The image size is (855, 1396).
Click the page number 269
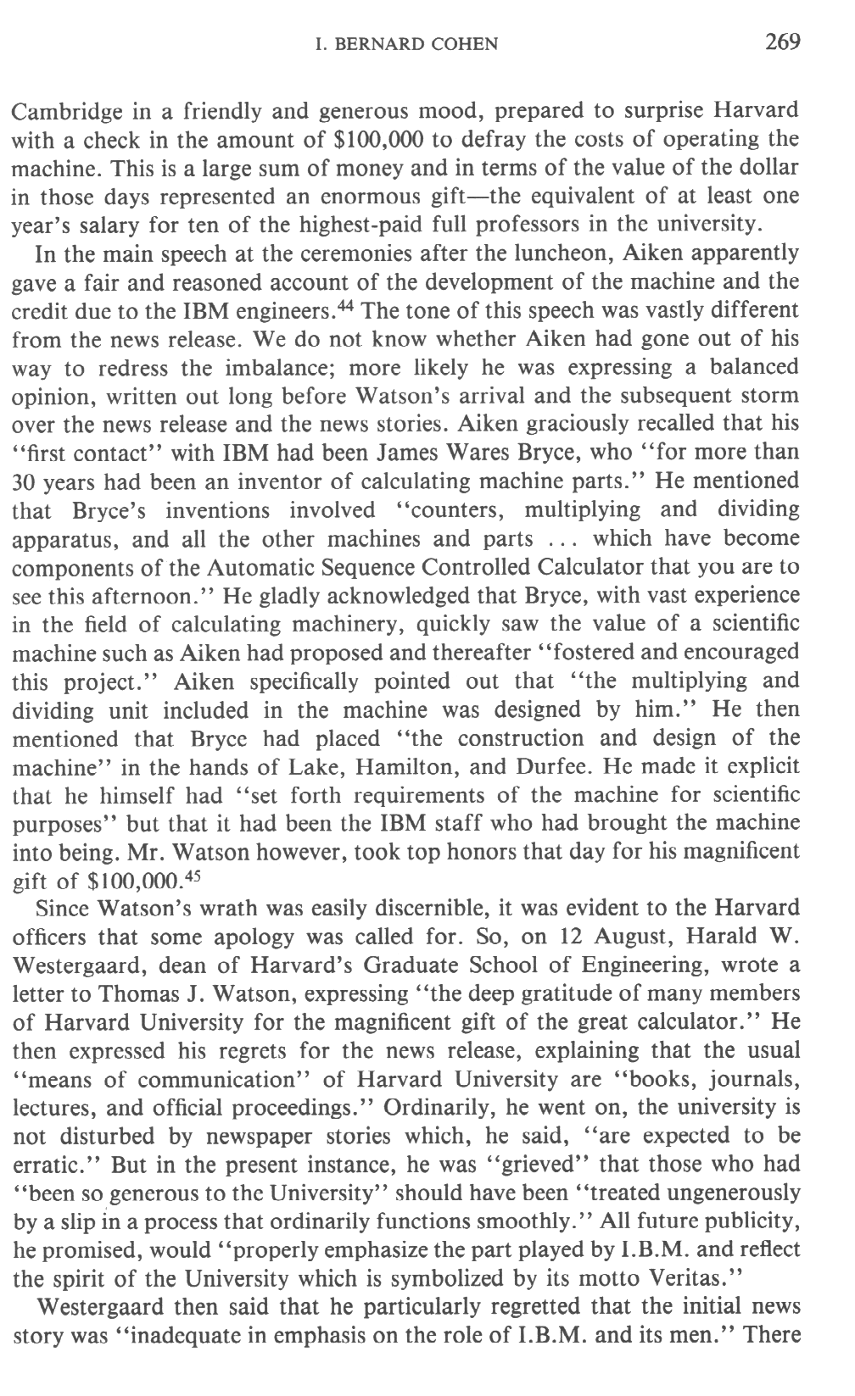tap(782, 42)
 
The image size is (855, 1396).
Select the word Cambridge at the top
tap(61, 110)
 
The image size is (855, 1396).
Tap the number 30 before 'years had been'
tap(26, 481)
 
